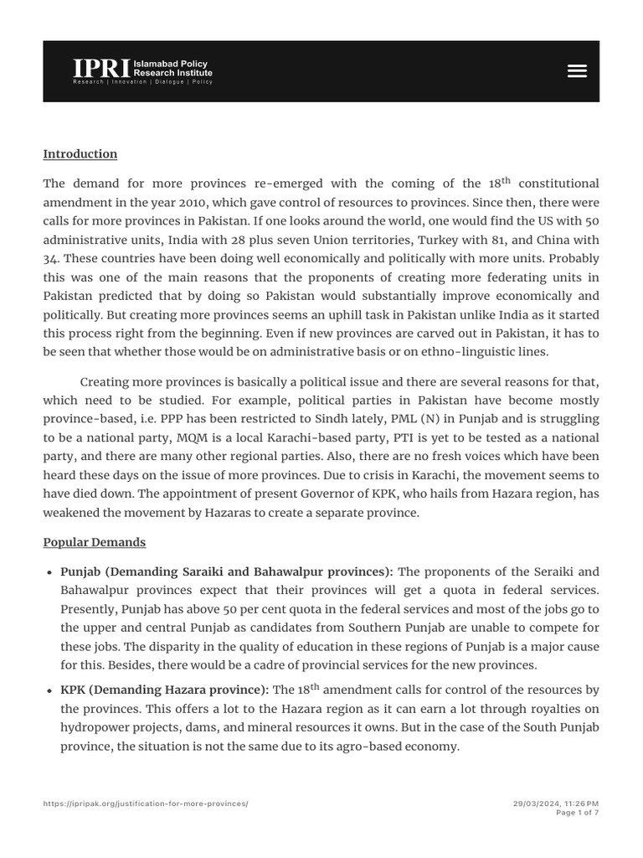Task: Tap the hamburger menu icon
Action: click(x=577, y=71)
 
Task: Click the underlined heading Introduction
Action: click(x=80, y=154)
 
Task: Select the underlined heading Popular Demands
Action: click(x=95, y=542)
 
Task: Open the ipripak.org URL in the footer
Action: click(x=146, y=804)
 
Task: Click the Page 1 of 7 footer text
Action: click(x=578, y=812)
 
